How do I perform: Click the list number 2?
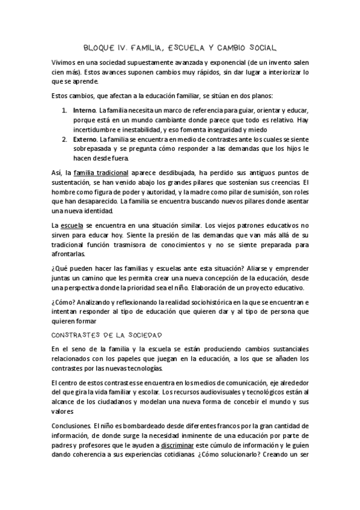(65, 139)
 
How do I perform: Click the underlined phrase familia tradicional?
(97, 173)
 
